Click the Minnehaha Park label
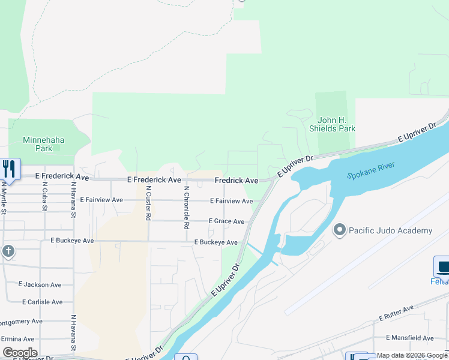pos(43,144)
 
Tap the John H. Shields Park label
pos(332,124)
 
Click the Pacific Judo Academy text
pos(390,230)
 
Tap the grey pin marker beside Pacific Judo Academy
pos(340,230)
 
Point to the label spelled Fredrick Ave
pos(236,180)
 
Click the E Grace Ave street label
pos(226,221)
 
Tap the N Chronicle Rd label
pos(187,208)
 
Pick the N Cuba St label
pos(45,197)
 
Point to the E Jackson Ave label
pos(40,284)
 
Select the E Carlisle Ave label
pos(42,302)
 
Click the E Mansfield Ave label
pos(410,338)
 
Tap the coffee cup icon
pos(442,266)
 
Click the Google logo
pos(20,353)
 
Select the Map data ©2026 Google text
pos(411,355)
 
